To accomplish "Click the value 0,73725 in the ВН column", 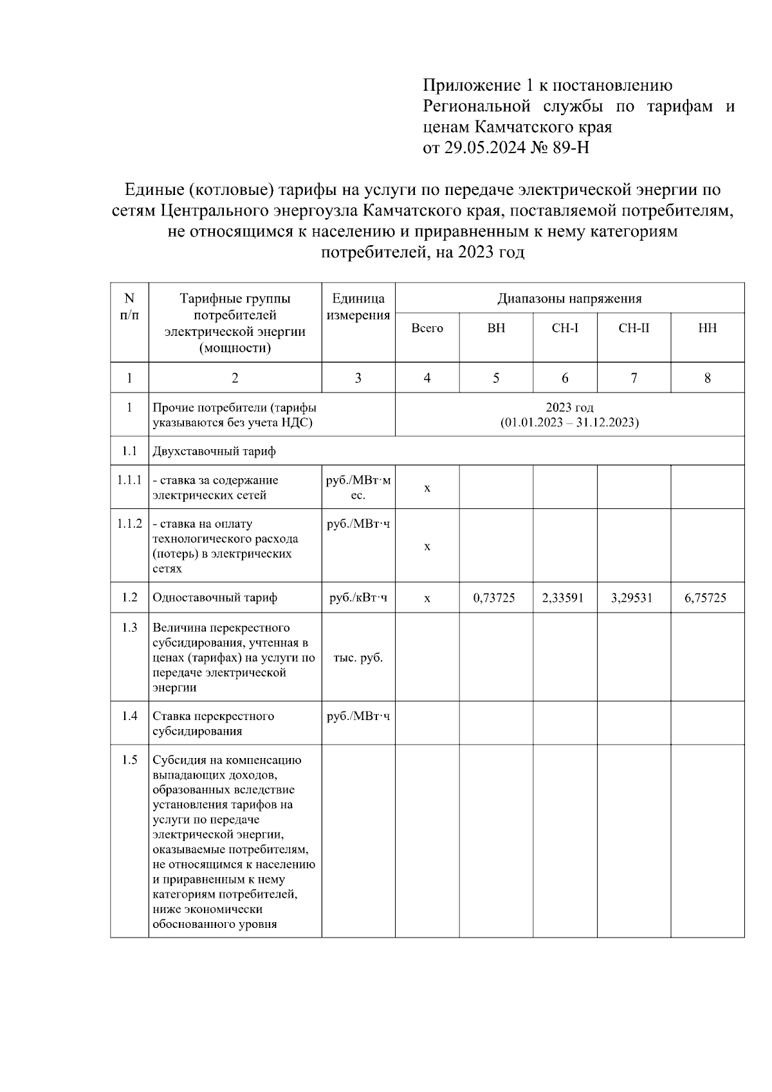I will click(494, 598).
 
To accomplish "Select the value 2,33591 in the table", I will click(563, 598).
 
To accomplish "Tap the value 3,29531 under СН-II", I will click(632, 598).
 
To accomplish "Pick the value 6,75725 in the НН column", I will click(706, 598).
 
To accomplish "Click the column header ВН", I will click(496, 328).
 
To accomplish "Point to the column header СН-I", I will click(565, 328).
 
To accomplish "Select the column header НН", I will click(707, 328).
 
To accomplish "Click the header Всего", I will click(427, 328).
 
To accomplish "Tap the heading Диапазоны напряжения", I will click(569, 299).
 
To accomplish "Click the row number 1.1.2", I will click(129, 524).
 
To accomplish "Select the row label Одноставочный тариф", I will click(215, 598).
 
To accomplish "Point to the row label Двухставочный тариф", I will click(214, 451).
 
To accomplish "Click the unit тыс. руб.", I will click(358, 658).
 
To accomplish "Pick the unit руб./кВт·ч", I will click(358, 598).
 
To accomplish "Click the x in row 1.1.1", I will click(427, 488).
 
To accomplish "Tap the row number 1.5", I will click(129, 760).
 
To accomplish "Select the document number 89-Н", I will click(571, 148).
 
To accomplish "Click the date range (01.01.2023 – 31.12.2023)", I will click(569, 423).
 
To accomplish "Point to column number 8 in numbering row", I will click(707, 378).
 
